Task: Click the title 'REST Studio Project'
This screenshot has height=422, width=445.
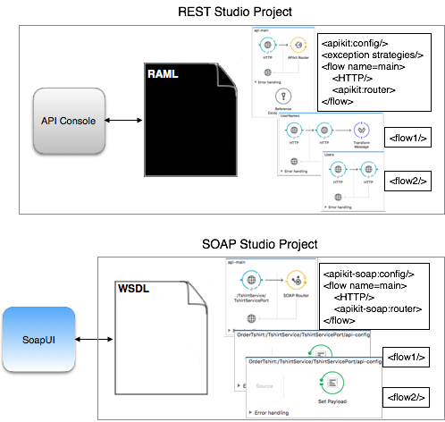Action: [x=222, y=11]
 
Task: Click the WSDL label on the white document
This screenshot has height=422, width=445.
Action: [x=134, y=291]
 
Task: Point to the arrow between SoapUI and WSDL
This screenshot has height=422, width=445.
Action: [x=90, y=341]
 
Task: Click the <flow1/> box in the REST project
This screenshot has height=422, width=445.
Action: [x=407, y=138]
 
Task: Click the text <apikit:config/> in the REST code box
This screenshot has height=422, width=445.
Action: [x=357, y=41]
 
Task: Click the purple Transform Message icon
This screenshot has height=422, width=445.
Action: [x=362, y=131]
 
